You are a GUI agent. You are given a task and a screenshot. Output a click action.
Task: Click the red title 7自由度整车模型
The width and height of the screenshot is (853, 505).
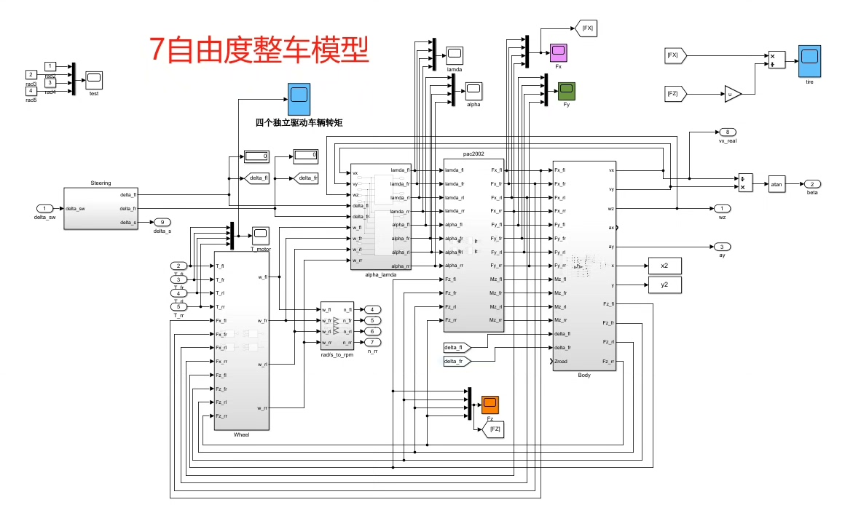(x=259, y=49)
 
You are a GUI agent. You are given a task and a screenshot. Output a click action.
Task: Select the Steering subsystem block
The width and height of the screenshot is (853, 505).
(x=101, y=208)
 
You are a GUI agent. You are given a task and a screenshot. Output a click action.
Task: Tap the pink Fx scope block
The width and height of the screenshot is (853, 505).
(x=558, y=52)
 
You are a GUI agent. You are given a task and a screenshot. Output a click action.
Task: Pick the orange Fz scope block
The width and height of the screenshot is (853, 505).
(x=490, y=405)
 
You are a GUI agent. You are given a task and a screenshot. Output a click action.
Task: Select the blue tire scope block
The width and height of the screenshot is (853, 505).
(x=809, y=57)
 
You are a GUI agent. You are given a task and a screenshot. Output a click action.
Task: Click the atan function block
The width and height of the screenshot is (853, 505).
(x=776, y=184)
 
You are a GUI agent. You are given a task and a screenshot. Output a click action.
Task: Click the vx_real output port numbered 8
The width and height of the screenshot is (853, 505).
(x=726, y=132)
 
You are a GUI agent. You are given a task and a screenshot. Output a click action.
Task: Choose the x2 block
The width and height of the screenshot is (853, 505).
(x=664, y=266)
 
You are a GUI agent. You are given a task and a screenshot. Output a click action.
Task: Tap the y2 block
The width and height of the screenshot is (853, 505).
(x=664, y=285)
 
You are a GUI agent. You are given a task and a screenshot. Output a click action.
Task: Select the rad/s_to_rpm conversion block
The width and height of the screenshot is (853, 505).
(x=337, y=326)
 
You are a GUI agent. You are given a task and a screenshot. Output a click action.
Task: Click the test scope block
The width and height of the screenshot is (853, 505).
(x=94, y=78)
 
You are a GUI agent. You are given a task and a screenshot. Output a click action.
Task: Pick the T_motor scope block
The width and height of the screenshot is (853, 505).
(x=260, y=234)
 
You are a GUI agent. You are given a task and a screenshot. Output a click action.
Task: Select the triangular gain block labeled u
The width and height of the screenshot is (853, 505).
(x=731, y=93)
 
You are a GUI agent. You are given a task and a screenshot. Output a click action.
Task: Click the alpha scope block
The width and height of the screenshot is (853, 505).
(x=473, y=90)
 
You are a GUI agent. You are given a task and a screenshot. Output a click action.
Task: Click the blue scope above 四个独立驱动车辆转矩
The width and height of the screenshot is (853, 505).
(x=298, y=95)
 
